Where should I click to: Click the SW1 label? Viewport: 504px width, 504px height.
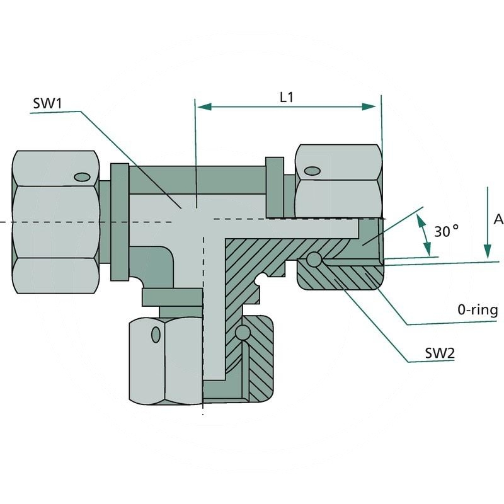pyautogui.click(x=49, y=103)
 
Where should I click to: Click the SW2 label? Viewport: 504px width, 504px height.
pyautogui.click(x=438, y=353)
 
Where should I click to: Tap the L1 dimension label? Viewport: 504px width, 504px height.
pyautogui.click(x=287, y=97)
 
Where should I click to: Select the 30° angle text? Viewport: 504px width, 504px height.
pyautogui.click(x=446, y=231)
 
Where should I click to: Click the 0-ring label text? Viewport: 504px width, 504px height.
pyautogui.click(x=478, y=310)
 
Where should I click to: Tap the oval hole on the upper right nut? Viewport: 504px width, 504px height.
pyautogui.click(x=311, y=171)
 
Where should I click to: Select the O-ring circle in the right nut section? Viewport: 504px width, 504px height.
pyautogui.click(x=313, y=260)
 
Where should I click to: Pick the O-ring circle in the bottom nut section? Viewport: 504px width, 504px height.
pyautogui.click(x=240, y=332)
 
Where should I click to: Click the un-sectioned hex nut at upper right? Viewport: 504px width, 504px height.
pyautogui.click(x=338, y=181)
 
